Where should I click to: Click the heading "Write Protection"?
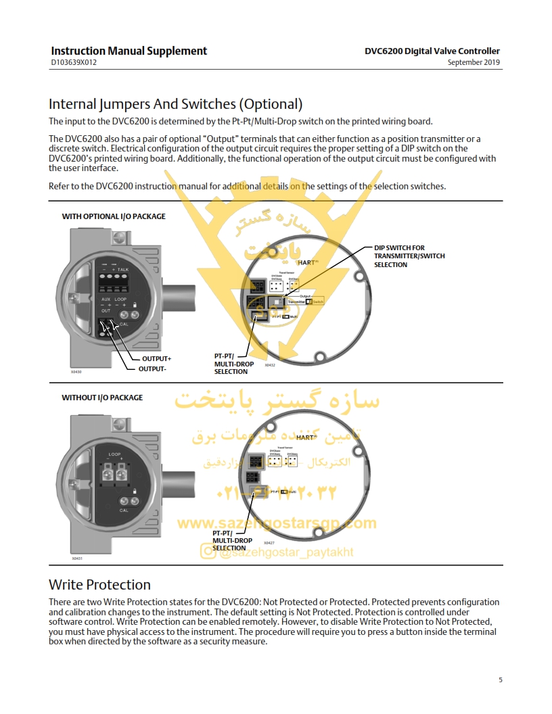point(99,585)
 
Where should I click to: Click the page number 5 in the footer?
point(501,680)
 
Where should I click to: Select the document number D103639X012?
point(74,63)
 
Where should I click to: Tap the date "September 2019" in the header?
point(474,63)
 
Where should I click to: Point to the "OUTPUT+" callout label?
point(156,358)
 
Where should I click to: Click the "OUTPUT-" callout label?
point(152,368)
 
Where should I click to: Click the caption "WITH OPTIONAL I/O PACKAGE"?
point(114,216)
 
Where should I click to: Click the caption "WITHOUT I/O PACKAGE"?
point(102,398)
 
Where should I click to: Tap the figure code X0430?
point(76,372)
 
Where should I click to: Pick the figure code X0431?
point(76,558)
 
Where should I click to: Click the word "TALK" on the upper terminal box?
point(122,269)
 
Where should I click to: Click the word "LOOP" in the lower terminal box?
point(114,454)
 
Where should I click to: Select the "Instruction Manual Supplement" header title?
point(129,51)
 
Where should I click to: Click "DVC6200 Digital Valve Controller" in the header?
point(432,51)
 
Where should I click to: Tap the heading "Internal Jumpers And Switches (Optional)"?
point(175,104)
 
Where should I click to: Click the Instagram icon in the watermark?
point(208,552)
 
